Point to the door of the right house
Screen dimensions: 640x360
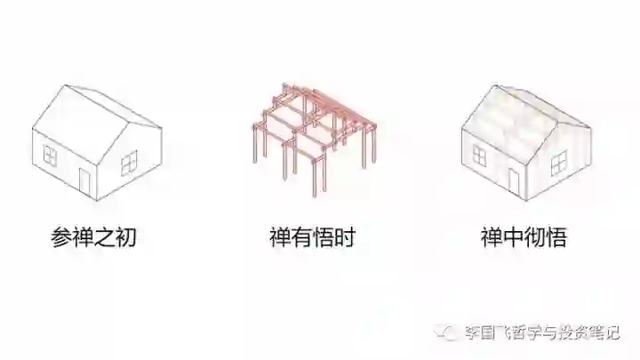[x=514, y=180]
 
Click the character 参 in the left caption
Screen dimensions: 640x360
[x=60, y=238]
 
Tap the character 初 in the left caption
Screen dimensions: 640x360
[x=125, y=238]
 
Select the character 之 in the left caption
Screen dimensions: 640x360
[x=104, y=238]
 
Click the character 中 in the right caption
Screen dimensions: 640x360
[x=513, y=238]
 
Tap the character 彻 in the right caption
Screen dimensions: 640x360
[x=534, y=238]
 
